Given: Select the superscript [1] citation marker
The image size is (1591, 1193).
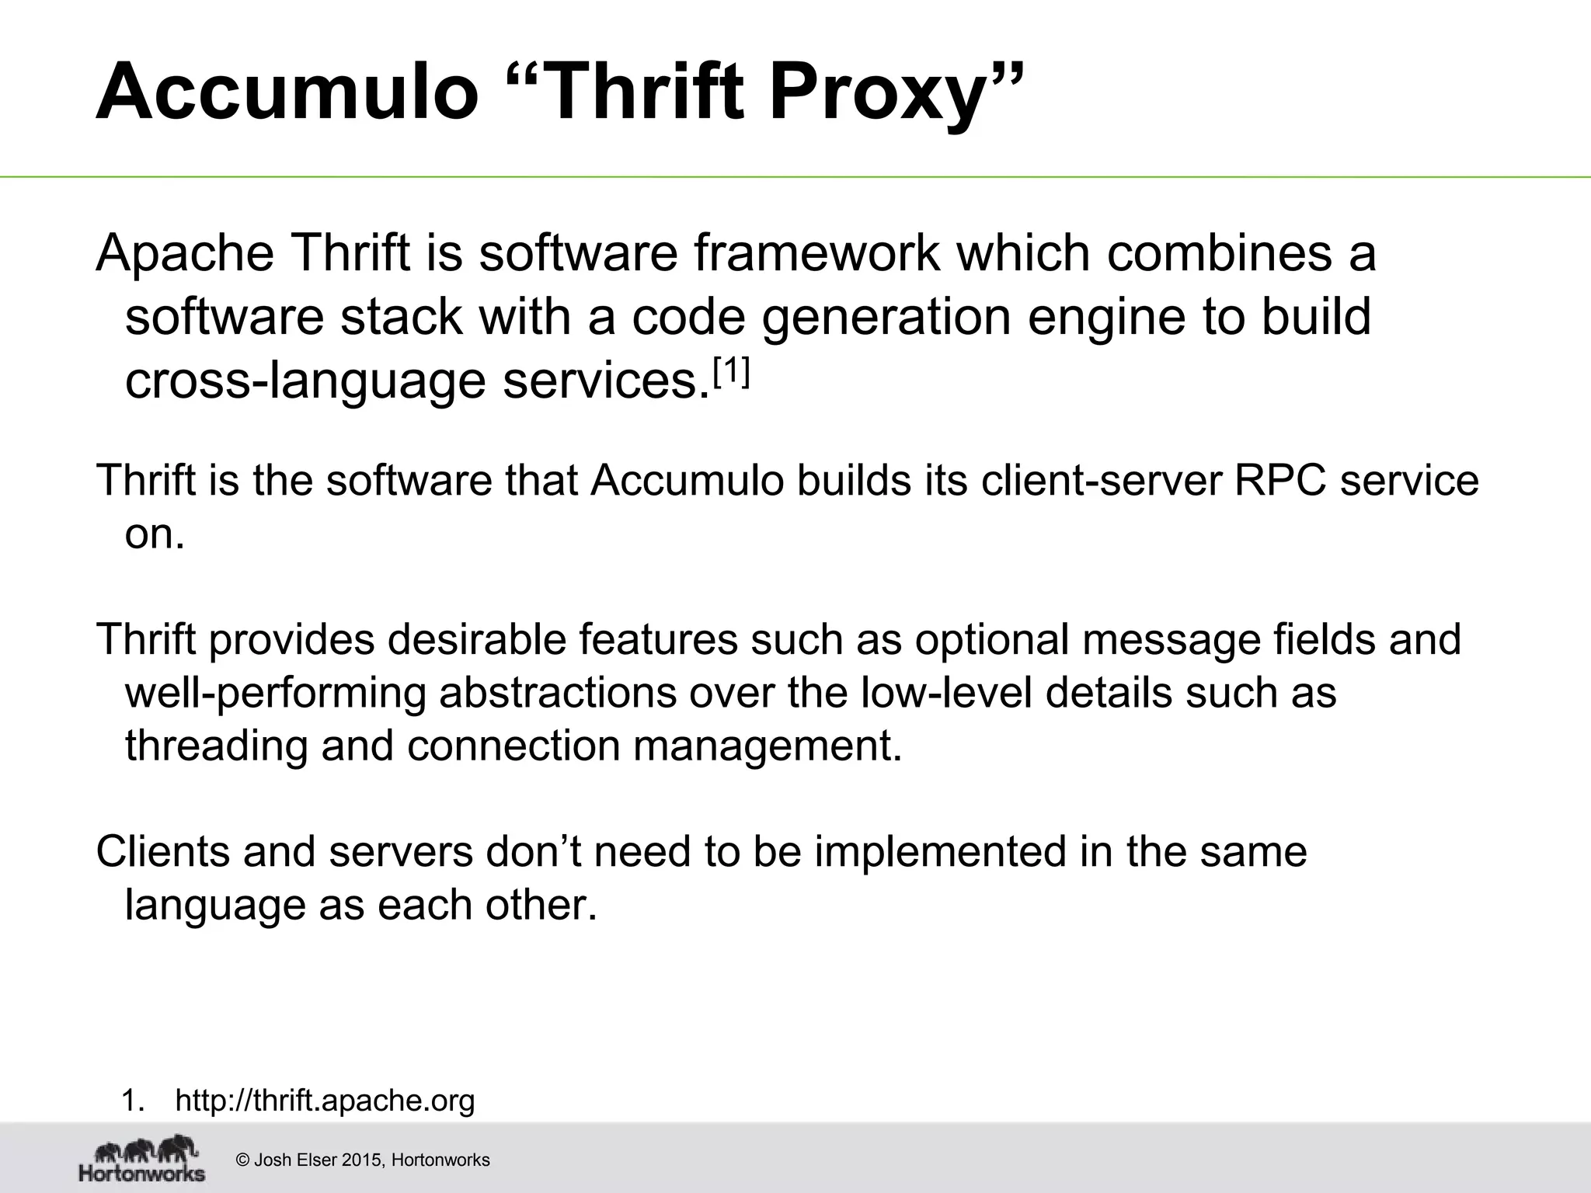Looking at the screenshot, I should pyautogui.click(x=731, y=374).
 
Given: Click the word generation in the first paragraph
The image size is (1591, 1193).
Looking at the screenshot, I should pyautogui.click(x=886, y=317).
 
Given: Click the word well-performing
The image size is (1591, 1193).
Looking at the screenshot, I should pyautogui.click(x=276, y=693).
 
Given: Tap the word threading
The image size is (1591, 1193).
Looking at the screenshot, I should pyautogui.click(x=216, y=746).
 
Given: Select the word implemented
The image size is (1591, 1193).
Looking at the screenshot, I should pyautogui.click(x=939, y=852).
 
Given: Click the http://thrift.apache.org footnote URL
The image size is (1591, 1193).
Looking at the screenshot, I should pyautogui.click(x=325, y=1101).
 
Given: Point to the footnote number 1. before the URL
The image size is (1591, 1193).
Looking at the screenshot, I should pyautogui.click(x=133, y=1101).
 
